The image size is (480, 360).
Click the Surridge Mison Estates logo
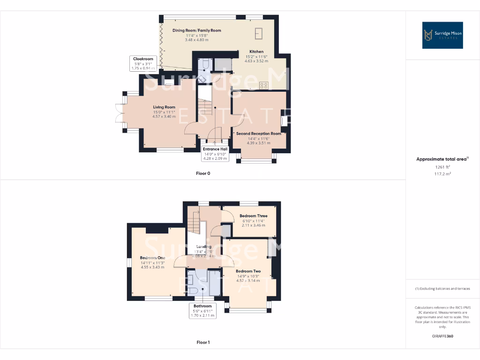click(x=442, y=35)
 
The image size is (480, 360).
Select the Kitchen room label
click(x=256, y=52)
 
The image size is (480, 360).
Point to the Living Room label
click(x=164, y=107)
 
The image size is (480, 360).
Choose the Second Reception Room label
click(x=259, y=134)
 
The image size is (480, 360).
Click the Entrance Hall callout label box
click(x=216, y=154)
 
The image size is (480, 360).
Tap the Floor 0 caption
click(x=203, y=173)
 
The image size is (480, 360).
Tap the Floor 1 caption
click(x=203, y=343)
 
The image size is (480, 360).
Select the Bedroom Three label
click(x=253, y=216)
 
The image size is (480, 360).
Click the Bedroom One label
click(x=152, y=258)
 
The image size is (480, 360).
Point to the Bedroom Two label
click(x=248, y=271)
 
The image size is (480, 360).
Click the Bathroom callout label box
click(x=202, y=311)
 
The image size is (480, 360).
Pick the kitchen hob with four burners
click(x=264, y=85)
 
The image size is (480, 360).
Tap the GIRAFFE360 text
click(x=442, y=336)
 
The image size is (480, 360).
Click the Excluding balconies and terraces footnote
click(x=442, y=289)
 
